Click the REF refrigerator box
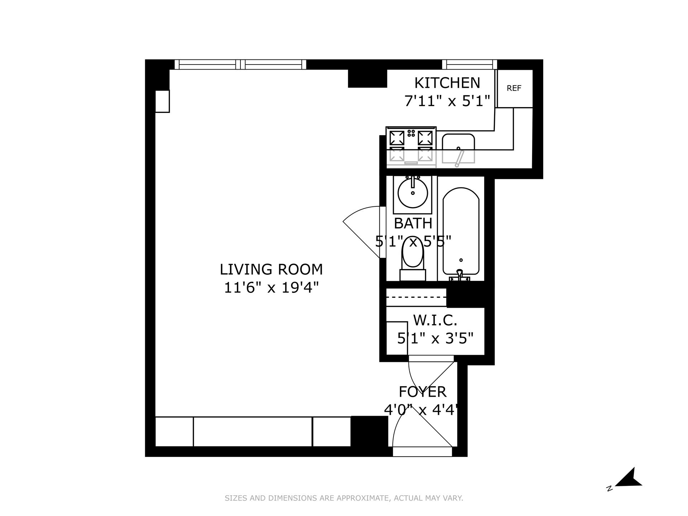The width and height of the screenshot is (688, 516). [514, 89]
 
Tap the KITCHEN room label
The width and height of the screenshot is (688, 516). [447, 83]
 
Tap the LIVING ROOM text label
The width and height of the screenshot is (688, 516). [271, 269]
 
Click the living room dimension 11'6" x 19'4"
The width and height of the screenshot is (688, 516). [271, 288]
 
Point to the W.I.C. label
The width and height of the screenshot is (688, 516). [435, 320]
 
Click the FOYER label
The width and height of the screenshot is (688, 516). [422, 392]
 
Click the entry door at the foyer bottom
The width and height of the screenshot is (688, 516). [422, 451]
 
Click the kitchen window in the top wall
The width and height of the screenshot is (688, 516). [469, 64]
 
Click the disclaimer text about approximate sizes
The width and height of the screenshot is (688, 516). [344, 498]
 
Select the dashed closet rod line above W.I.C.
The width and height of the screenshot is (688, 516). [416, 297]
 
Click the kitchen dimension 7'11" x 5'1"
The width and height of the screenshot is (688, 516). [447, 101]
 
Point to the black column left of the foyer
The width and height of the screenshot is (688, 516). [369, 431]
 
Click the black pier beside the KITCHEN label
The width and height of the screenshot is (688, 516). [367, 78]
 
